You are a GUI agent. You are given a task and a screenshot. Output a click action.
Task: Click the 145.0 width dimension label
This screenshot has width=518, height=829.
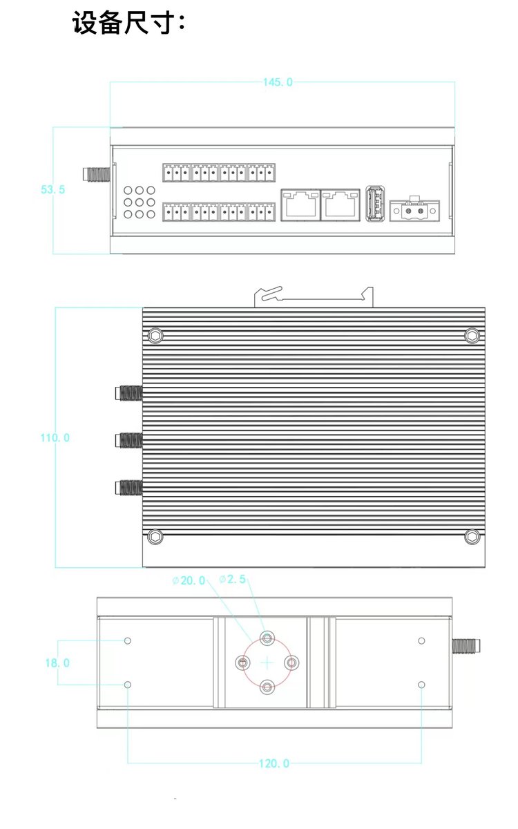278,82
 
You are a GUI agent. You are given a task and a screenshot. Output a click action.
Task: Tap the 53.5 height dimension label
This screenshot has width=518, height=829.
52,189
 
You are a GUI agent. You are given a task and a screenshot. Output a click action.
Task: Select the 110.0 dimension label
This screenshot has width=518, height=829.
55,438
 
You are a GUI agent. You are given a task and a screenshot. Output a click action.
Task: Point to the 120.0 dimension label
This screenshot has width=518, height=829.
274,763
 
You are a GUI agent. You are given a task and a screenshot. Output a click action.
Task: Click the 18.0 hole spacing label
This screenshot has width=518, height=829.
57,663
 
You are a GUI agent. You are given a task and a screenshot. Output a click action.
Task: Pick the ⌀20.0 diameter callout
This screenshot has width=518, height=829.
189,580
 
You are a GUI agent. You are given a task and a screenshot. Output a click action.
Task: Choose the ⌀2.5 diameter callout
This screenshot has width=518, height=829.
232,579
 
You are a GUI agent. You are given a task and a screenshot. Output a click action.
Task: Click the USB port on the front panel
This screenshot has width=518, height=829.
375,203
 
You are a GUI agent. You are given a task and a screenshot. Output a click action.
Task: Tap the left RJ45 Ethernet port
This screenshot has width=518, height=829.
300,204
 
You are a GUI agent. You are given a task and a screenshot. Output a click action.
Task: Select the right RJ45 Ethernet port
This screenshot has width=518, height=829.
340,204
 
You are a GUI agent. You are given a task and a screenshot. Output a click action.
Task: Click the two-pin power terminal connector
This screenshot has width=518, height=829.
415,210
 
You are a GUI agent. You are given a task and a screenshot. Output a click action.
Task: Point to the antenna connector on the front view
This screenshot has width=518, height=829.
97,174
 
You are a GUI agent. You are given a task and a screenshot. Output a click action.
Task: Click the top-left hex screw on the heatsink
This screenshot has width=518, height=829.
155,336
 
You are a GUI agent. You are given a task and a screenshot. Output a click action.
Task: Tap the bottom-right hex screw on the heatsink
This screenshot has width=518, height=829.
472,536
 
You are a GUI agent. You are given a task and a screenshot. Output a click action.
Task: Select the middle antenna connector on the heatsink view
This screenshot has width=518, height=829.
128,441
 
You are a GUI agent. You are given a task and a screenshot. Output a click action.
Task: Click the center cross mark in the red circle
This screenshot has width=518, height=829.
267,663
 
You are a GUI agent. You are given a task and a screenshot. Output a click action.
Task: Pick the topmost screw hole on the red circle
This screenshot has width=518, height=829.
267,638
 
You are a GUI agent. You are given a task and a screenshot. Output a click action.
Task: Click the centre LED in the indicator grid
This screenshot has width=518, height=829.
139,202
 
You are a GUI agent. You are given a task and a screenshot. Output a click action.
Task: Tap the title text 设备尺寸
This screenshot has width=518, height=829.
123,23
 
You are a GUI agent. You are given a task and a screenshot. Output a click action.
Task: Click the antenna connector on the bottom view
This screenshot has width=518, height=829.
466,646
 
